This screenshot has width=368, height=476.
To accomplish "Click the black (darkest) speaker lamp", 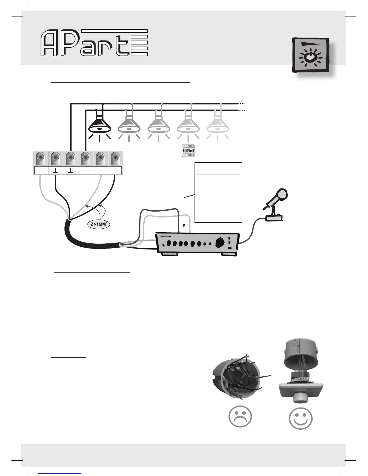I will tap(100, 125).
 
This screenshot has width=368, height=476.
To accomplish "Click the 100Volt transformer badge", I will tap(188, 151).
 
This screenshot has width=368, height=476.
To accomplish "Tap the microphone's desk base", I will tap(273, 218).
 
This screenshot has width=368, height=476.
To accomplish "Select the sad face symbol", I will tap(240, 417).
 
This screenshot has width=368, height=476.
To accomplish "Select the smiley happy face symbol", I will tap(300, 417).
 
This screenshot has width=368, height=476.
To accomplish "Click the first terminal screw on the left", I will tap(40, 158).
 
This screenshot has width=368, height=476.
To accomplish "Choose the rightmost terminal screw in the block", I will tap(115, 158).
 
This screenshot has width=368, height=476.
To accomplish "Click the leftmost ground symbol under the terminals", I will tap(55, 172).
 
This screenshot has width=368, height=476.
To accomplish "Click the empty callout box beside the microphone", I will tap(219, 198).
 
